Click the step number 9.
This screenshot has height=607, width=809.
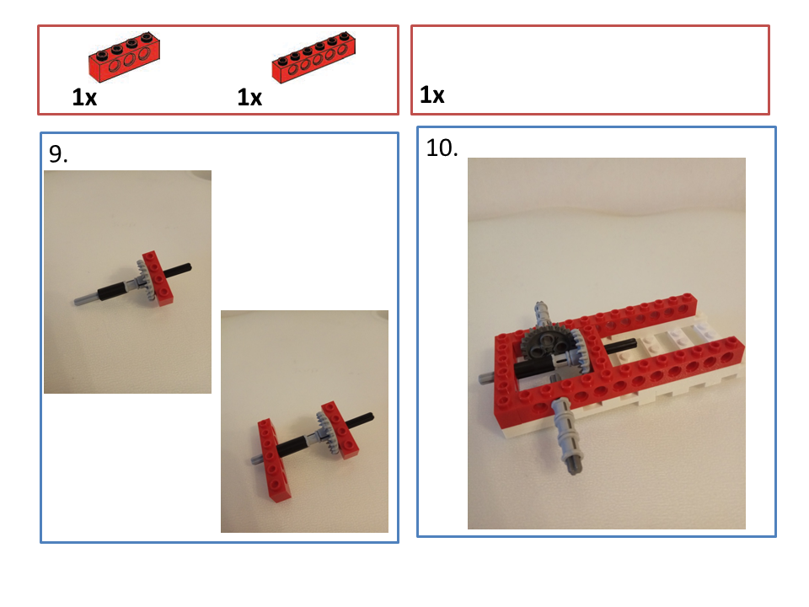tap(58, 153)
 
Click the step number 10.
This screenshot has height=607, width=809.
tap(442, 148)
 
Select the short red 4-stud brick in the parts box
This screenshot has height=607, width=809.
tap(124, 57)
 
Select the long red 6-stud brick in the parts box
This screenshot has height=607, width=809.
tap(313, 58)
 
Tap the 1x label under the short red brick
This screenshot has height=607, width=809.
tap(84, 97)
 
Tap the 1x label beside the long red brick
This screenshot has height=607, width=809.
tap(249, 97)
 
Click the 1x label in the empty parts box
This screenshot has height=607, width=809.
tap(431, 95)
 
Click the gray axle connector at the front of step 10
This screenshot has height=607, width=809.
tap(566, 436)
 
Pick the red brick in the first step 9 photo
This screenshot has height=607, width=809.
tap(158, 278)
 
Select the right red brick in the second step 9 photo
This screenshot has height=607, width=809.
tap(340, 430)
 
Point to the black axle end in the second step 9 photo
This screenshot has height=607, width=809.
tap(369, 416)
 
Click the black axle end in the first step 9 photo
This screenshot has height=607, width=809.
tap(188, 267)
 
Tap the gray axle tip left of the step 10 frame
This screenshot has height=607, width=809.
tap(484, 378)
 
